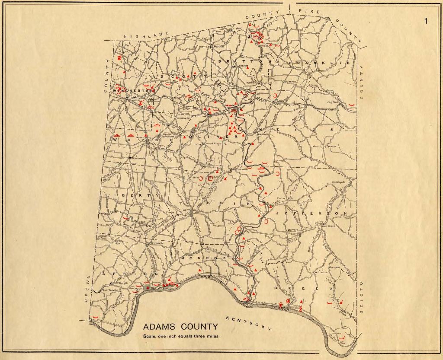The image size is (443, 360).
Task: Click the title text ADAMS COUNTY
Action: coord(180,327)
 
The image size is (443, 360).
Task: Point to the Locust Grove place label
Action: coord(292,67)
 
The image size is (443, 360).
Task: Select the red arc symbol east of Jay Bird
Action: coord(353,104)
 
